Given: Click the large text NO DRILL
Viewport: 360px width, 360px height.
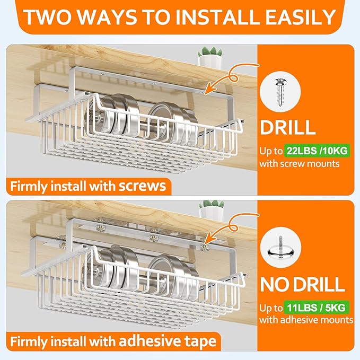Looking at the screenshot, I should pos(302,285).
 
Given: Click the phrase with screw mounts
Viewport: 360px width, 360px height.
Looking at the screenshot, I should pos(299,164).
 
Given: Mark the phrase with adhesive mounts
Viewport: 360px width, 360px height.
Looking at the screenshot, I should pos(306,320).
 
